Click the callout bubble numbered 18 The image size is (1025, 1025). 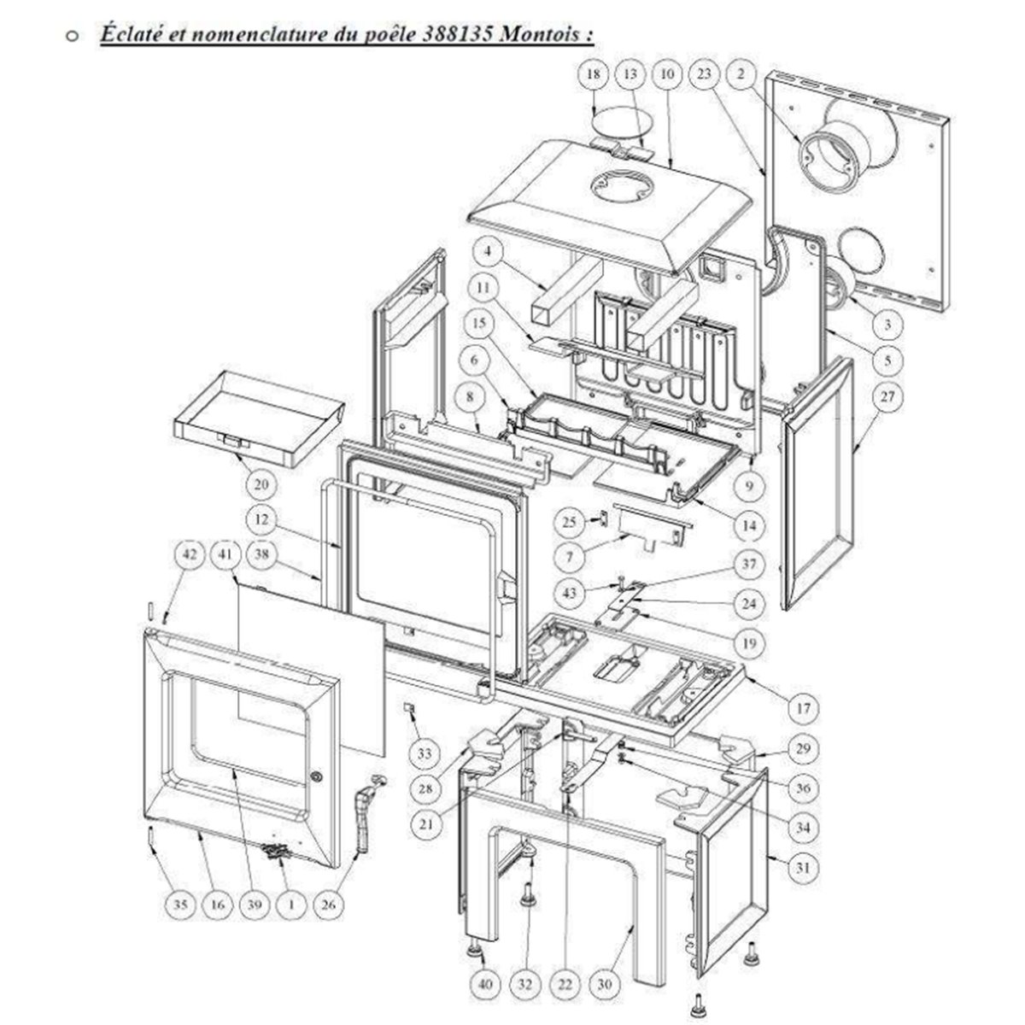(593, 74)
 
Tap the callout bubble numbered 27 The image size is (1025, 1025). (887, 397)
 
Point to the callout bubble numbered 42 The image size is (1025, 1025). (190, 555)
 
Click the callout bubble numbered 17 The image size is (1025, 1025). (805, 708)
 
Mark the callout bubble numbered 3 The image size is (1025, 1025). (887, 324)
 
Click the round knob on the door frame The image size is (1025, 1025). (317, 777)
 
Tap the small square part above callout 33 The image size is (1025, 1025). (410, 708)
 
